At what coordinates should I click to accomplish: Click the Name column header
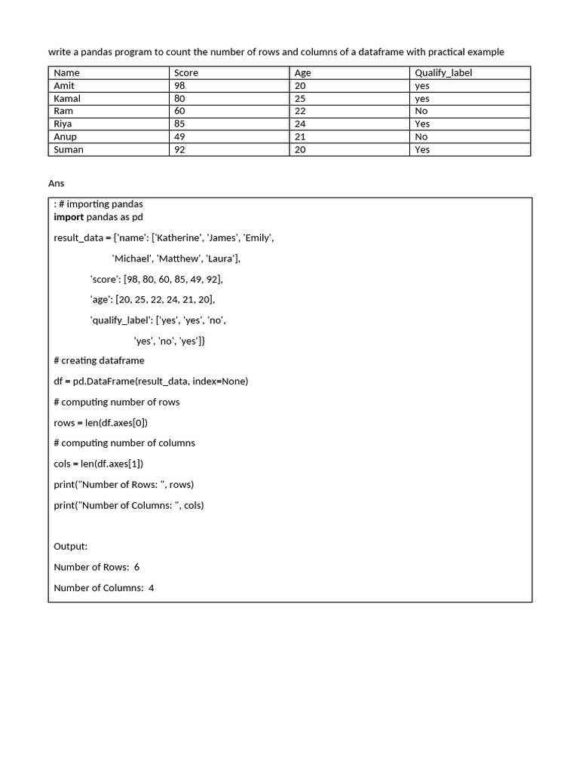[67, 73]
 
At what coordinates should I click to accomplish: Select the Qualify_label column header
[443, 73]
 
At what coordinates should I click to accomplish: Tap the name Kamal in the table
[67, 99]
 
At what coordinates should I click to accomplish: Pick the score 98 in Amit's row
[179, 86]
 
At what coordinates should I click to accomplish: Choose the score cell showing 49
[179, 136]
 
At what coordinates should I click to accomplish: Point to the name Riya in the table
[63, 124]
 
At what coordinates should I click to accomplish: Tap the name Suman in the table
[69, 149]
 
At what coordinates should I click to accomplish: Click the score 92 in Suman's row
[179, 149]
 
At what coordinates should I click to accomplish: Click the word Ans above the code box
[57, 183]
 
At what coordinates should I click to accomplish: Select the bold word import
[69, 217]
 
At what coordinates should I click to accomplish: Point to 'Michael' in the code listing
[131, 259]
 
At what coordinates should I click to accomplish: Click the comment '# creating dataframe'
[99, 360]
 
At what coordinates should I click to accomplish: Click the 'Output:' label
[71, 546]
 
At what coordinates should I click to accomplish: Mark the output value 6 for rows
[136, 567]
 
